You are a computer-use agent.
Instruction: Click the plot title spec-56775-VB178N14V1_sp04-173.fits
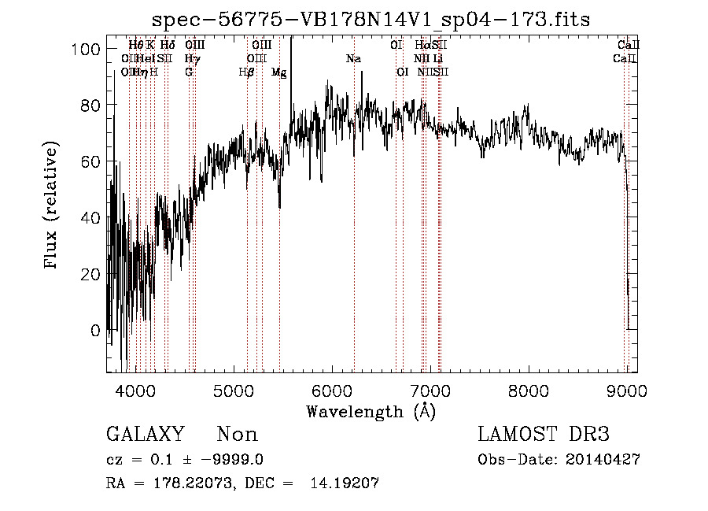point(371,19)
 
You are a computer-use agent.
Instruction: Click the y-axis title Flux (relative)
point(52,207)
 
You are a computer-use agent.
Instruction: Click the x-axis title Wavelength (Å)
point(371,411)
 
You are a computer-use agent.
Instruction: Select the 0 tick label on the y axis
point(95,331)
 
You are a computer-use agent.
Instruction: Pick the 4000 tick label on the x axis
point(136,391)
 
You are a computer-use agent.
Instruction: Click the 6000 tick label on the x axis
point(332,391)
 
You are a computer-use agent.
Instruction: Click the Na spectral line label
point(354,59)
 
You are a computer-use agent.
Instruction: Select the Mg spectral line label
point(278,72)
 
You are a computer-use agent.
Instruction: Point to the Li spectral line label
point(438,59)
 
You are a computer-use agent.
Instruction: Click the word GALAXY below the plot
point(145,435)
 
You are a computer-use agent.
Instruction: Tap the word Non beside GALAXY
point(238,435)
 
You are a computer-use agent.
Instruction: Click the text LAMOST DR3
point(543,435)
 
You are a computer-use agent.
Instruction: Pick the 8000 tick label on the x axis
point(529,391)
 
